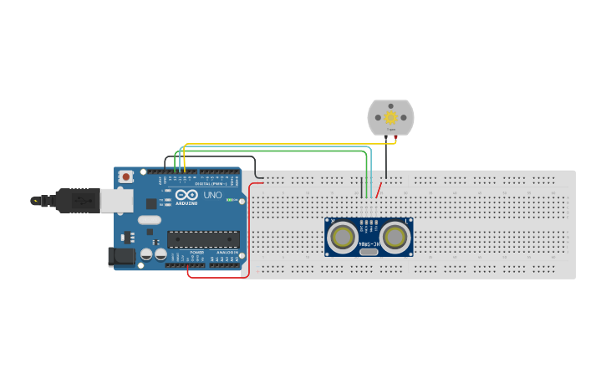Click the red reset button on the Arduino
tap(125, 177)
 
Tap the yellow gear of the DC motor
tap(390, 117)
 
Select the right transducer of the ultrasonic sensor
tap(394, 238)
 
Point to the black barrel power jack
tap(122, 257)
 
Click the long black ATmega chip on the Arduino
tap(203, 239)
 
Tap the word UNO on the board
tap(213, 195)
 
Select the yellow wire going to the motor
tap(284, 144)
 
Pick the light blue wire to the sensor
tap(276, 151)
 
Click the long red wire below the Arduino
tap(217, 277)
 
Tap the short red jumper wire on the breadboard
tap(379, 191)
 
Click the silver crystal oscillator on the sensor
tap(369, 251)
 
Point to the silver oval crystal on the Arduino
tap(150, 220)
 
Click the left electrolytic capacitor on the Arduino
tap(146, 253)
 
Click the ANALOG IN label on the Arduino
tap(227, 251)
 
